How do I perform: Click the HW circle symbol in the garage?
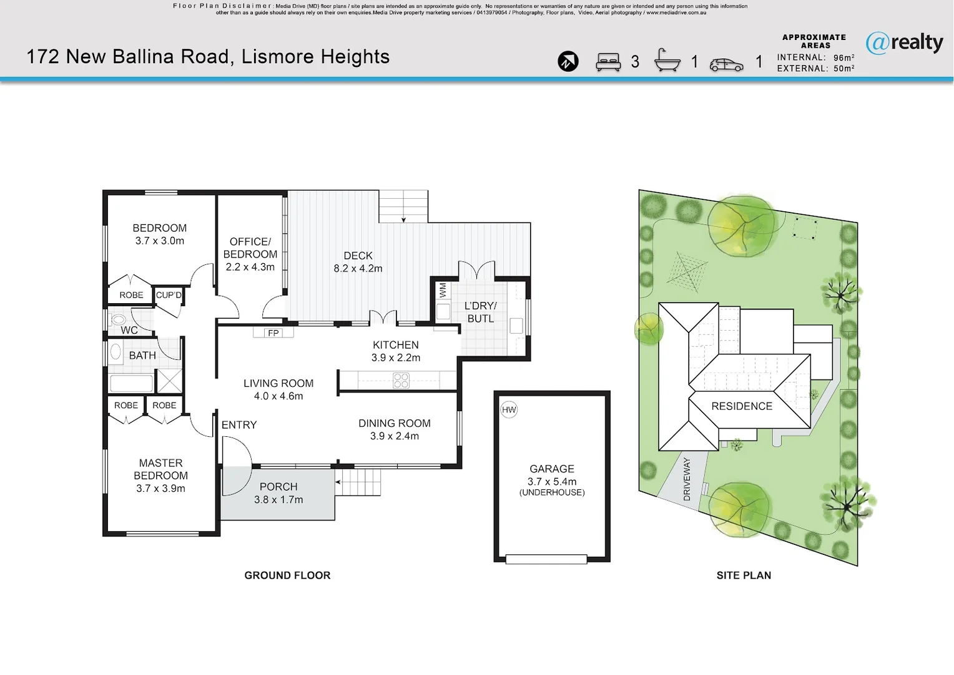click(x=508, y=410)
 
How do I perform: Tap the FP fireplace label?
click(x=273, y=333)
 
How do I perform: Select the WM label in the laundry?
click(x=443, y=290)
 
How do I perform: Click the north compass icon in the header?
click(x=568, y=61)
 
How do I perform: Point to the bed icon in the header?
click(x=608, y=62)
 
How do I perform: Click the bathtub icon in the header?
click(x=667, y=60)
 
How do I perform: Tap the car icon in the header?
click(x=727, y=65)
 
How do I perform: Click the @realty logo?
click(x=905, y=44)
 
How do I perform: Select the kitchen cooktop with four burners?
click(x=401, y=381)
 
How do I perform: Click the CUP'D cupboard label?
click(x=169, y=295)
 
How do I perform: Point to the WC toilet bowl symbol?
click(x=118, y=319)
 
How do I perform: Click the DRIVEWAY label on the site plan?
click(x=687, y=479)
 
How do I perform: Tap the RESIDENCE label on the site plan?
click(x=742, y=406)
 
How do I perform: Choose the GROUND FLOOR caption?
click(x=287, y=575)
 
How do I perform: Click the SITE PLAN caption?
click(x=744, y=575)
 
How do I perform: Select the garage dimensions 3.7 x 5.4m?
click(x=552, y=482)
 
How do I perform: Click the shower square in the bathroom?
click(x=169, y=381)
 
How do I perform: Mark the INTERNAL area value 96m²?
click(x=844, y=57)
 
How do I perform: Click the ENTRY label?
click(x=239, y=425)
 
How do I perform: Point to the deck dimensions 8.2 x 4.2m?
click(x=358, y=269)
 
